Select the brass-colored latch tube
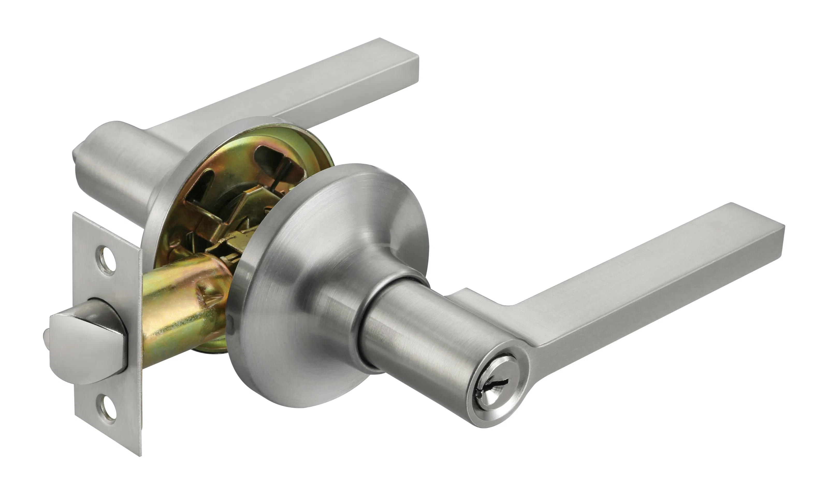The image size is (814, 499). [x=178, y=312]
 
